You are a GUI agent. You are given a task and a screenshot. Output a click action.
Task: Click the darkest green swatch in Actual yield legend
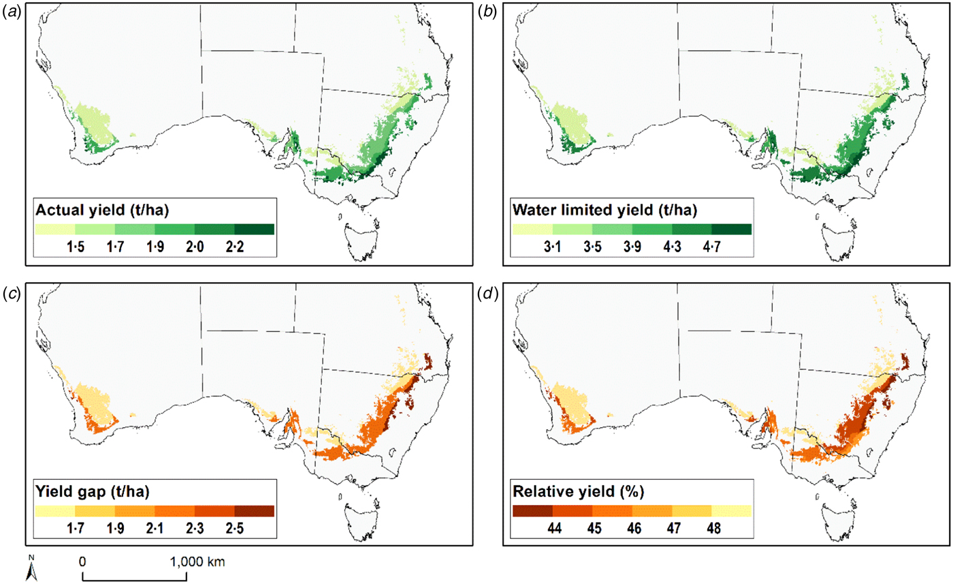(x=254, y=229)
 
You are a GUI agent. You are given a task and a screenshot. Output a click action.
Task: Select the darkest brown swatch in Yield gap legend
(x=254, y=510)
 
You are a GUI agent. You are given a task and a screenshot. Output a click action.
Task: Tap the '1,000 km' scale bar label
(x=197, y=562)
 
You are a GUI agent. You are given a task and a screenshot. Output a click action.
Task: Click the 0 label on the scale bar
(x=82, y=562)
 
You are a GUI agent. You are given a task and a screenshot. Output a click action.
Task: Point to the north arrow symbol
(x=31, y=571)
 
